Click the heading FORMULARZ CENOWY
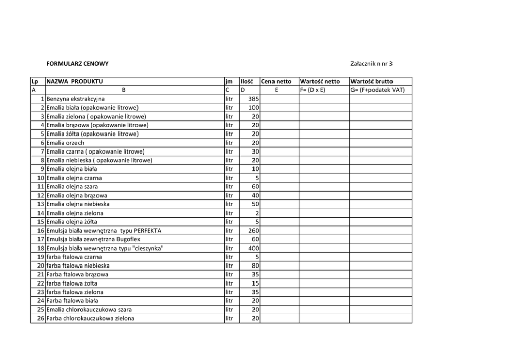click(77, 64)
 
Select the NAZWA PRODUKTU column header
click(74, 81)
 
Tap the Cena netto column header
click(276, 81)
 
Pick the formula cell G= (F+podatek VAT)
click(378, 90)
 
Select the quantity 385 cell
click(252, 99)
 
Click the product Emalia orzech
click(65, 143)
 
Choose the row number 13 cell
click(41, 204)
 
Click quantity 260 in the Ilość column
click(252, 231)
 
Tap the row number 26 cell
click(41, 318)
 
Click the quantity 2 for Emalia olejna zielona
click(256, 213)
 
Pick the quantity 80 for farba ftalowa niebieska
click(254, 266)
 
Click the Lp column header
click(35, 81)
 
